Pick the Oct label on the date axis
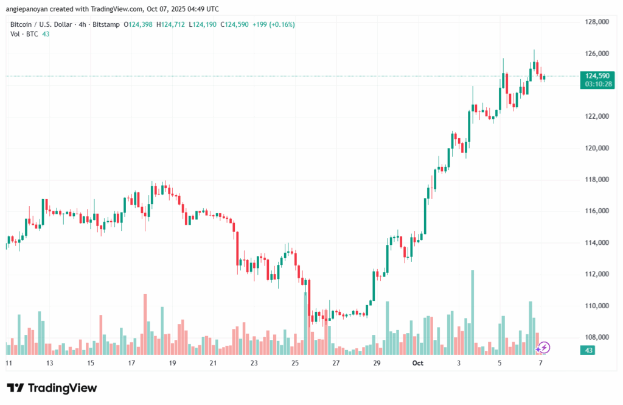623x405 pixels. [x=417, y=363]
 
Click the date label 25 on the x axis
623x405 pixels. [x=295, y=363]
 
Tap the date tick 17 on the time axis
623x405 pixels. [x=131, y=363]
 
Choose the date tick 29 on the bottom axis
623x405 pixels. [x=377, y=363]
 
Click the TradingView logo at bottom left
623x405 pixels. [x=52, y=388]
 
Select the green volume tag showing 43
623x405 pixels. [x=590, y=351]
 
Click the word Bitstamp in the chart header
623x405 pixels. [x=106, y=24]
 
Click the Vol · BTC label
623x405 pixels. [x=24, y=34]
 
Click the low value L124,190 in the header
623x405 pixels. [x=206, y=24]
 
